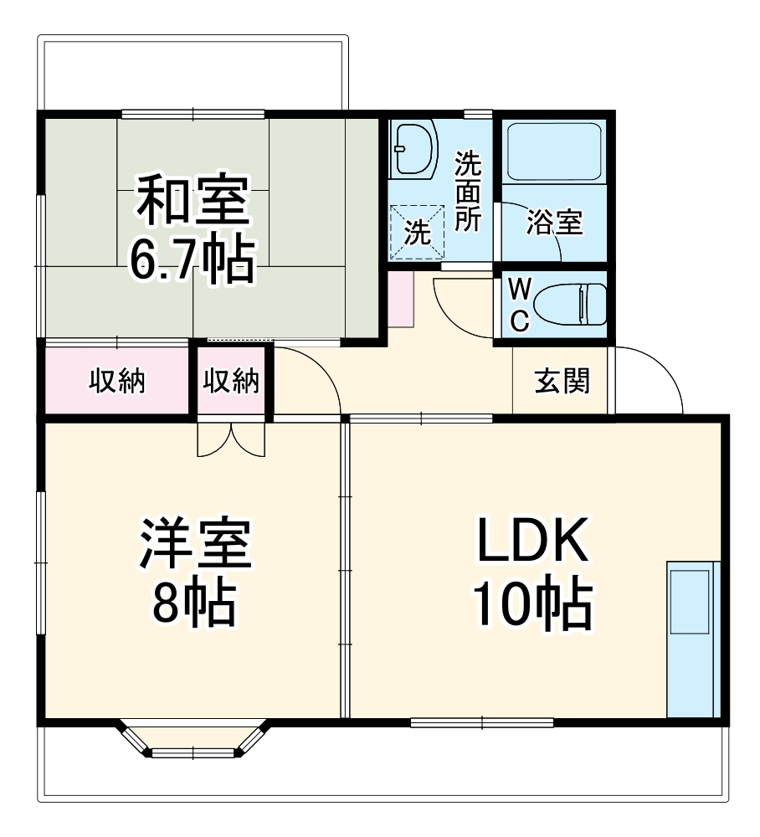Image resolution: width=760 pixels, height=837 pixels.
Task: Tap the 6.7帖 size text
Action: [x=191, y=261]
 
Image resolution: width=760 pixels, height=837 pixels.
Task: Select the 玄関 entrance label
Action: [x=562, y=382]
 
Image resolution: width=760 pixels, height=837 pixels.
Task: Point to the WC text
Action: [x=519, y=306]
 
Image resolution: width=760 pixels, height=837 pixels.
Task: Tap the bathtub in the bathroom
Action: [x=554, y=152]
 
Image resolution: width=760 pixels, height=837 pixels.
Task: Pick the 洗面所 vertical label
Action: [x=467, y=193]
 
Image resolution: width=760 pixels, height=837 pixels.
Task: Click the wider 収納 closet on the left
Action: [x=117, y=381]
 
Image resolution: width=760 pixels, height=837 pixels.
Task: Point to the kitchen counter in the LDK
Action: [x=692, y=638]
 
